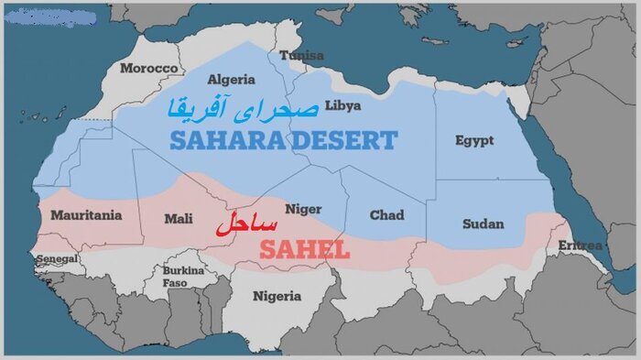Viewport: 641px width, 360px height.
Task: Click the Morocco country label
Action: point(148,69)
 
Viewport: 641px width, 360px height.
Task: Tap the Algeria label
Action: point(232,79)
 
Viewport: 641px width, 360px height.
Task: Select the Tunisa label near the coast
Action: point(301,55)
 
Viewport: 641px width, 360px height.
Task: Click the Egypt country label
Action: point(473,140)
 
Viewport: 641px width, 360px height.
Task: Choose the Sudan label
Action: point(483,224)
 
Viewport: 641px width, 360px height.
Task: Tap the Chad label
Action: point(386,215)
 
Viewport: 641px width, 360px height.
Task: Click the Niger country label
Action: point(303,209)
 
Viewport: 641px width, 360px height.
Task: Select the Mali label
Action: point(178,218)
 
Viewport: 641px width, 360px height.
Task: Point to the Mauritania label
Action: point(86,215)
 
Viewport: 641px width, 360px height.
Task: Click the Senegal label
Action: point(57,259)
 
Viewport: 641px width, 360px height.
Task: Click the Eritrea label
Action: point(581,245)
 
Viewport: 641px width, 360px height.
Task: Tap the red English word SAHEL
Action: point(304,248)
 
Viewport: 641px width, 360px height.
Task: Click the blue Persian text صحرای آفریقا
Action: point(243,107)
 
